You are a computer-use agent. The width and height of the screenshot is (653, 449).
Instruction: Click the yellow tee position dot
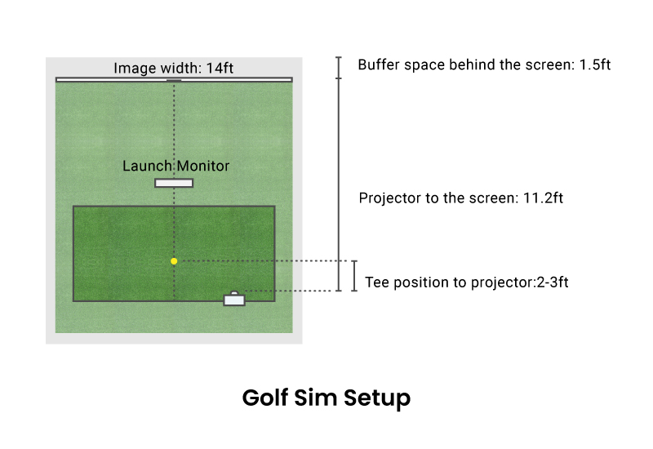[174, 261]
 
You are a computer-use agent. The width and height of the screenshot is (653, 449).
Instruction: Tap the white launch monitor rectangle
[174, 183]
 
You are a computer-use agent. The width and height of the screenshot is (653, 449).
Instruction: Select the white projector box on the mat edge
[234, 300]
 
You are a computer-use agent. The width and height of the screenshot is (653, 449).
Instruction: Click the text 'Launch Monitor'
[175, 166]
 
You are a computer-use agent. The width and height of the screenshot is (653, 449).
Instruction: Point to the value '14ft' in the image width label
[220, 69]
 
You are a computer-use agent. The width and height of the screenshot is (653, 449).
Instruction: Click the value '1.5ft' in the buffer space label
[594, 64]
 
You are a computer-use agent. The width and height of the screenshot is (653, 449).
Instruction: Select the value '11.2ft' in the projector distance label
[547, 198]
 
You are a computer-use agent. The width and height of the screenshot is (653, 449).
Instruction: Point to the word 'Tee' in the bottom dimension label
[375, 282]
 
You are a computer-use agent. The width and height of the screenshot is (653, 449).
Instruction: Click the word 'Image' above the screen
[132, 69]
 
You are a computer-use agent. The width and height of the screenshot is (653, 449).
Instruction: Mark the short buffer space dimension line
[340, 68]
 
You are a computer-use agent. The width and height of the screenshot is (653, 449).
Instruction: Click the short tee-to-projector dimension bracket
[354, 276]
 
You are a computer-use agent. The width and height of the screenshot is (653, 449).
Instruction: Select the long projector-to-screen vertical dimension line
[340, 184]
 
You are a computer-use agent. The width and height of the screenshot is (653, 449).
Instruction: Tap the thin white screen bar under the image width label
[114, 79]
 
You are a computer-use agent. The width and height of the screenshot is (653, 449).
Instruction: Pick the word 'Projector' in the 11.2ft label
[388, 198]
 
